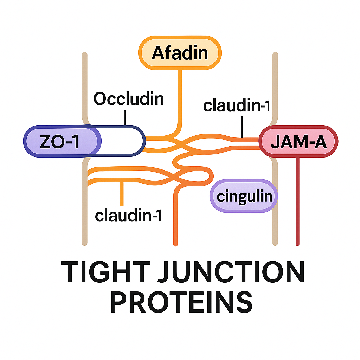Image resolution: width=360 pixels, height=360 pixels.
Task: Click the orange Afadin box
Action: [180, 53]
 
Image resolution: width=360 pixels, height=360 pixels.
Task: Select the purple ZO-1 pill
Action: [62, 141]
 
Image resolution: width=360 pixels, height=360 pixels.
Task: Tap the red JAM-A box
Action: [298, 141]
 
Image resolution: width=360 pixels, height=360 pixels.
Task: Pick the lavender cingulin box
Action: [244, 196]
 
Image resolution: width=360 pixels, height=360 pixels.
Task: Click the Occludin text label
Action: [129, 99]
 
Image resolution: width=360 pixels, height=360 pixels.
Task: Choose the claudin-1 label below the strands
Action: [128, 216]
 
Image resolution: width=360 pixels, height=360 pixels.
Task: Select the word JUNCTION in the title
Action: [231, 272]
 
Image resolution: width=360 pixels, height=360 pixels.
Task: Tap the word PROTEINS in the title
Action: [181, 302]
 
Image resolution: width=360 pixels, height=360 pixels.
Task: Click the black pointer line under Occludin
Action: [125, 117]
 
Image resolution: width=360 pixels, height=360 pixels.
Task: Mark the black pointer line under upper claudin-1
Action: [242, 127]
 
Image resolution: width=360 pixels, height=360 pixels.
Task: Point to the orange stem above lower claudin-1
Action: [122, 194]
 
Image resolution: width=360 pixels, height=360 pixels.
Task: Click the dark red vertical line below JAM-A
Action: [297, 201]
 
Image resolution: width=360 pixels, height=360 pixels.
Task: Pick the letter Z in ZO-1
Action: [45, 141]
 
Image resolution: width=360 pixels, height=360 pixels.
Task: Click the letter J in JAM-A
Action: [275, 141]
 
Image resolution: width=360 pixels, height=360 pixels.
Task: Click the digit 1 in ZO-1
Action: [75, 141]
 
